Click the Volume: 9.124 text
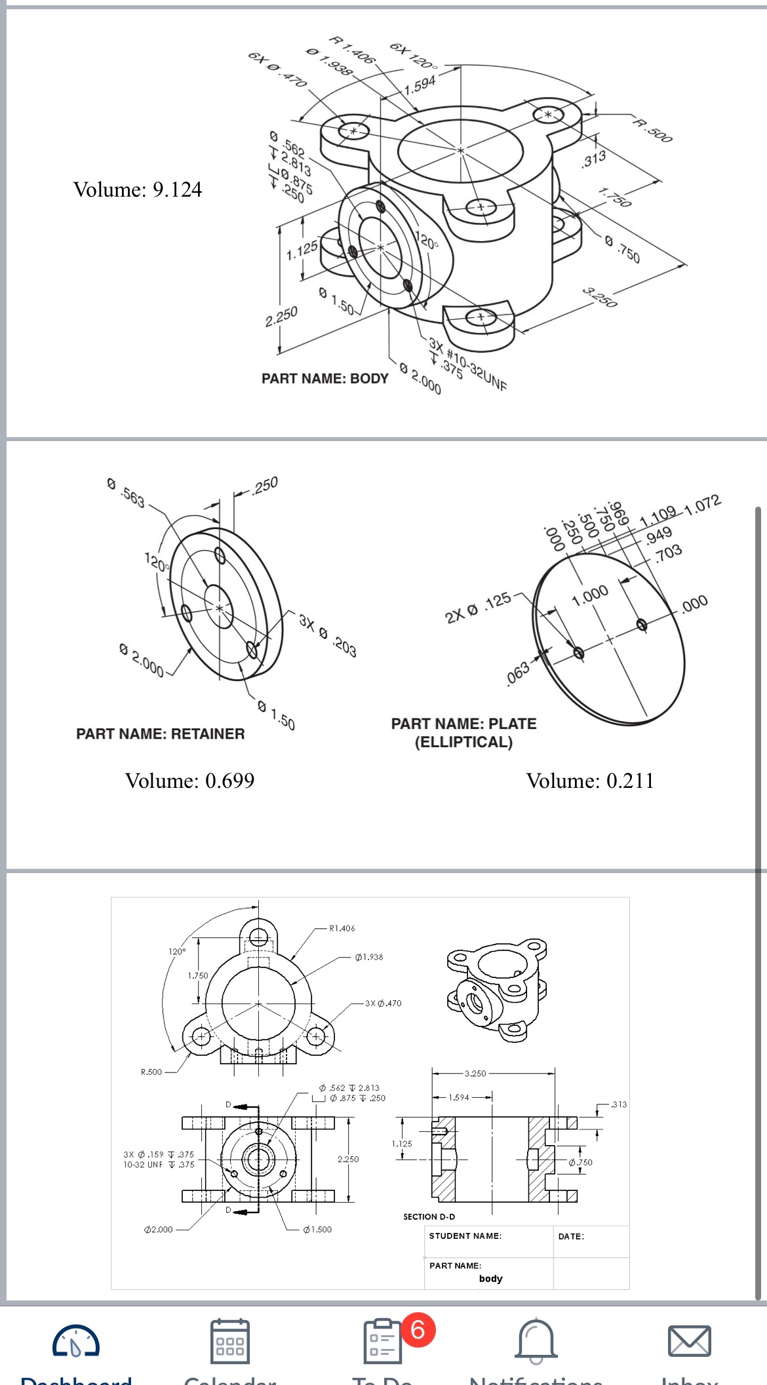click(x=138, y=189)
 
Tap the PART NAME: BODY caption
click(x=324, y=379)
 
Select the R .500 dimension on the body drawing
click(x=653, y=130)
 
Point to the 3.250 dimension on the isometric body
click(x=600, y=297)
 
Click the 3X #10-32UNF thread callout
click(x=467, y=364)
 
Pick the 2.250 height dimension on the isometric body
click(x=281, y=317)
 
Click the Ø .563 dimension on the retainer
click(x=126, y=493)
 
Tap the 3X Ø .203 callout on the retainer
click(x=327, y=635)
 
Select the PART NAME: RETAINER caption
click(x=160, y=734)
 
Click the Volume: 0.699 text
click(x=189, y=781)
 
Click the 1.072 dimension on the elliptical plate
click(x=702, y=505)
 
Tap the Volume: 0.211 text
click(x=590, y=781)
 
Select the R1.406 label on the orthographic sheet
click(x=342, y=928)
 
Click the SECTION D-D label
click(x=429, y=1217)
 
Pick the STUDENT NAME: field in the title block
click(x=465, y=1236)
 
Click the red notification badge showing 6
click(x=418, y=1330)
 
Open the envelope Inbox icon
click(x=688, y=1341)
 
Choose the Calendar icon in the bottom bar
click(x=229, y=1341)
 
